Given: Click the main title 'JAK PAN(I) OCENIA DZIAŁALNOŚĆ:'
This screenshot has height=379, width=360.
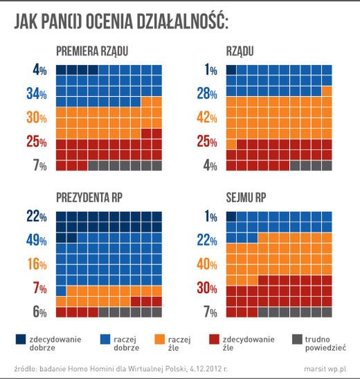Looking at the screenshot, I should (x=122, y=23).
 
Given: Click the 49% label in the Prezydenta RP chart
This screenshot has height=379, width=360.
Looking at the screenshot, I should (x=37, y=239).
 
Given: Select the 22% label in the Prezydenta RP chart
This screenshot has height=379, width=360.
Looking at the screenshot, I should (x=37, y=217).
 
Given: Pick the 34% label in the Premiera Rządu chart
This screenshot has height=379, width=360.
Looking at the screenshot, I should (x=37, y=93).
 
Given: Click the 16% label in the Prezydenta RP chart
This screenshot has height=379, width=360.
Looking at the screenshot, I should (x=37, y=263).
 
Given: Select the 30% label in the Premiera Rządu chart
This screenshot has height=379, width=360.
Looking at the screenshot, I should (x=37, y=117).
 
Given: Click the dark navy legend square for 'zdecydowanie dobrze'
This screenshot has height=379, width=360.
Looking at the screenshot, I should (x=21, y=339).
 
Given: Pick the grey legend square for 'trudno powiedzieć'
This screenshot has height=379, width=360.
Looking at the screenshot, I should (x=297, y=339).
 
